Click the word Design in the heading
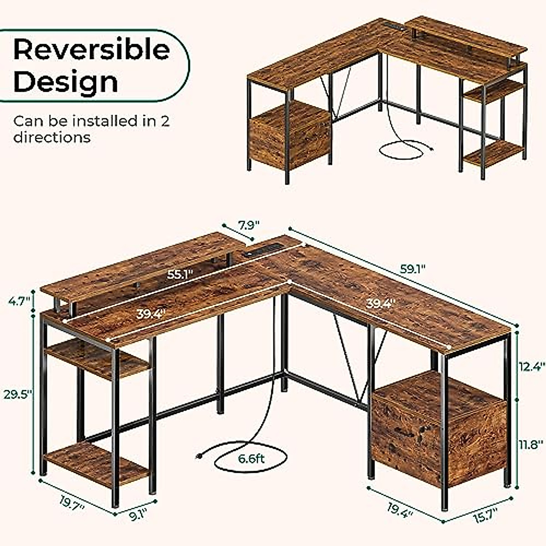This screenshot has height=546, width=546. pyautogui.click(x=66, y=82)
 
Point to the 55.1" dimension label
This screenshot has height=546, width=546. pyautogui.click(x=179, y=274)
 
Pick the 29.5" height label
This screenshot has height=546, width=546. pyautogui.click(x=19, y=394)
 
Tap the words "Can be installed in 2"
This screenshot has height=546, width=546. pyautogui.click(x=91, y=121)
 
